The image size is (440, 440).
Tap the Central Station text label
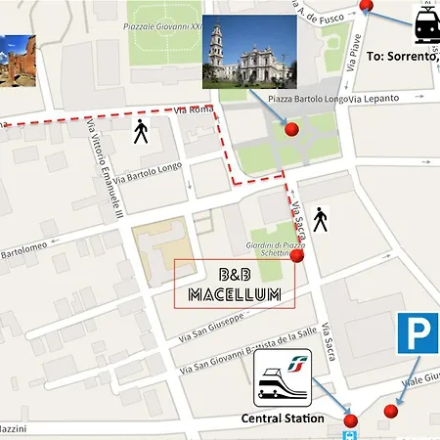(283, 418)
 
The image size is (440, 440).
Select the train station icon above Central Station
(283, 379)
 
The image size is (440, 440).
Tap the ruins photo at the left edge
(18, 61)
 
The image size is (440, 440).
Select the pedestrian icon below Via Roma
(141, 132)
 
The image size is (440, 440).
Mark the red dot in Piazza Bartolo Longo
(290, 129)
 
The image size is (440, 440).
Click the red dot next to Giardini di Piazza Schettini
(297, 256)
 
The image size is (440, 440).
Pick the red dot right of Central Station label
(351, 421)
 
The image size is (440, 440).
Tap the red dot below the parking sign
(392, 411)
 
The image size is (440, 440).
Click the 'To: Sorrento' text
(402, 57)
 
